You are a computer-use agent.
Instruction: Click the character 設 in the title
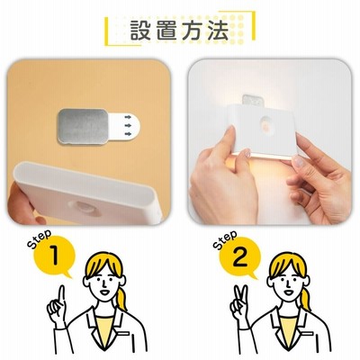(141, 31)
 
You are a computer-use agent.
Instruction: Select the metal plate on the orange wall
(83, 126)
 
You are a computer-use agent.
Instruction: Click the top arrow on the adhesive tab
(128, 116)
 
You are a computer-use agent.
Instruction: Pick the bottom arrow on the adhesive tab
(128, 133)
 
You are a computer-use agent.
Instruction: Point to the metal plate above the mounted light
(252, 100)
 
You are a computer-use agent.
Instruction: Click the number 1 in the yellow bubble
(54, 256)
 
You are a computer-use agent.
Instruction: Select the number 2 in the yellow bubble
(239, 256)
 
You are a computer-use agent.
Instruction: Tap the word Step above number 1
(40, 238)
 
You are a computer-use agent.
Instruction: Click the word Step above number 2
(225, 239)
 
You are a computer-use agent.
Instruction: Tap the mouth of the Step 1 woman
(104, 292)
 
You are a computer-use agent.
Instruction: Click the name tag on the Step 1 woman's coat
(123, 334)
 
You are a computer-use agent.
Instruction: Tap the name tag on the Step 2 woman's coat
(307, 334)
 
